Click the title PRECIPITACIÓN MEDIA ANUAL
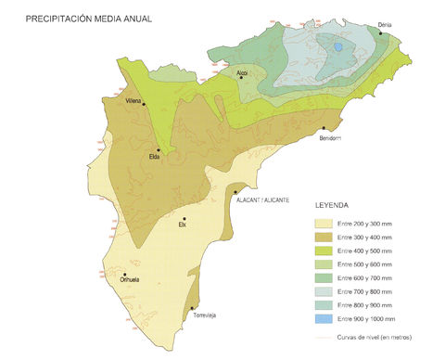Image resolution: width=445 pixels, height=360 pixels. tap(89, 18)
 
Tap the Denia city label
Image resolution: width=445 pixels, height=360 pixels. tap(387, 24)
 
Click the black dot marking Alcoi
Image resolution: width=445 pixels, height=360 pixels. tap(241, 78)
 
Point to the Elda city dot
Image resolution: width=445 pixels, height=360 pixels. tap(159, 149)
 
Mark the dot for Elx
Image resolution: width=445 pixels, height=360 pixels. tap(184, 219)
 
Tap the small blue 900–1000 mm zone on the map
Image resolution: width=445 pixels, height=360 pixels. tap(339, 46)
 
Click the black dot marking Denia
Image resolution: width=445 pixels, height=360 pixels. tap(380, 33)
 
